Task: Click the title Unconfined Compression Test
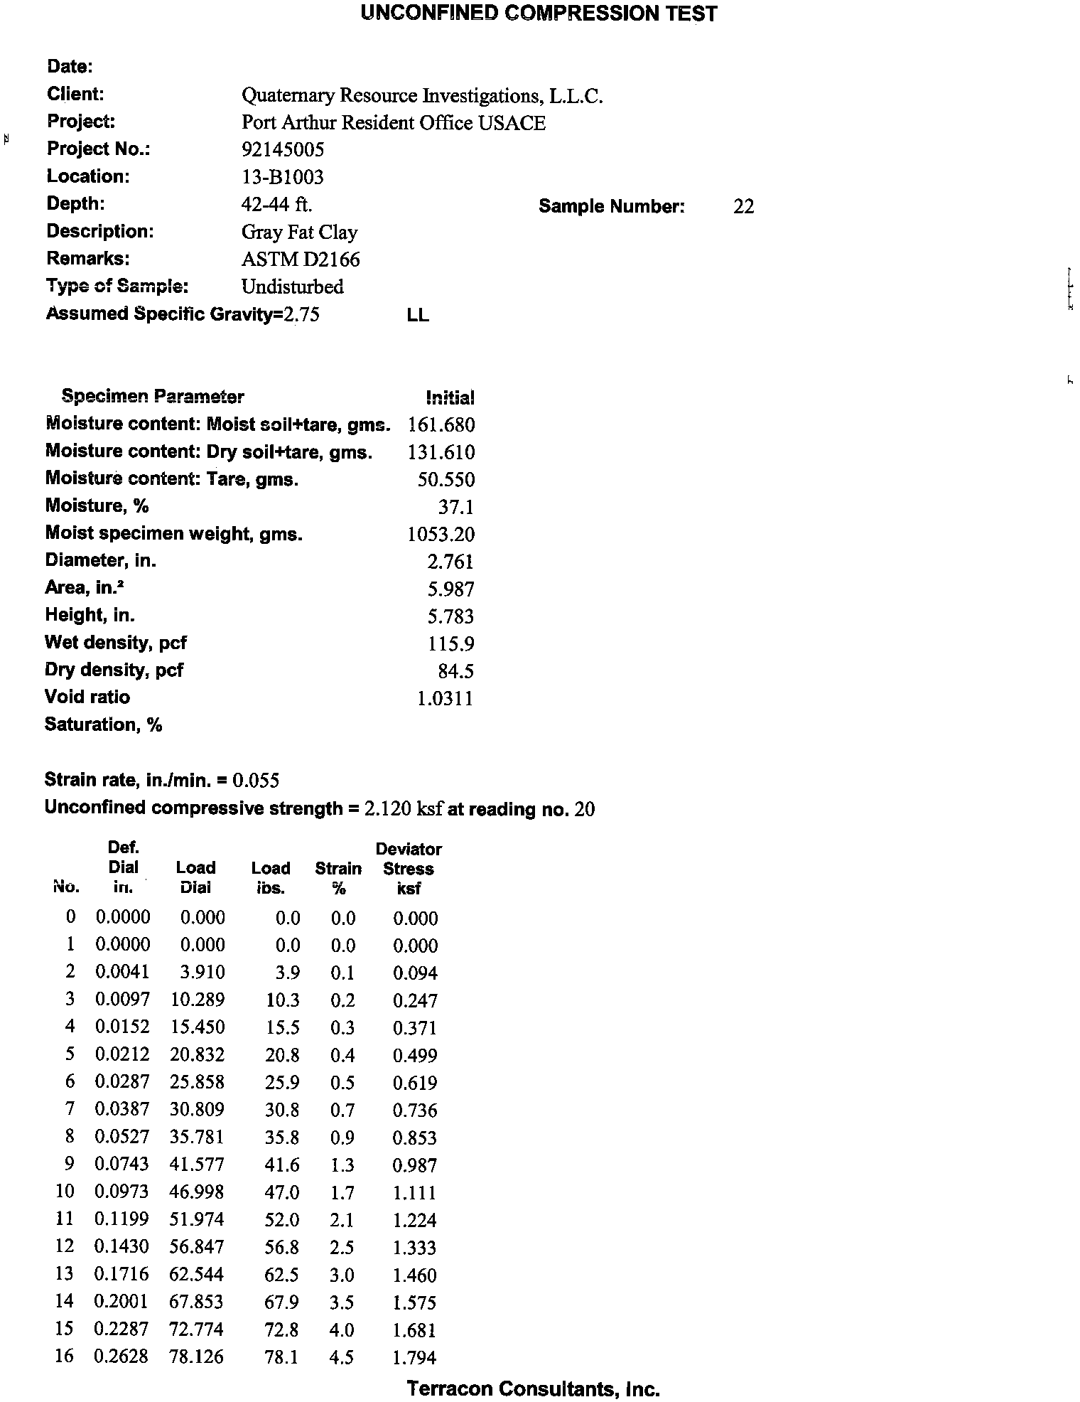pos(539,14)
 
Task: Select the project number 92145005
pos(283,149)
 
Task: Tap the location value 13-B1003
pos(282,177)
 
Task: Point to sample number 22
pos(743,207)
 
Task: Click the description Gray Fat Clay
pos(299,232)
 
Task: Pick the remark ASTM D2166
pos(301,259)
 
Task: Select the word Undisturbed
pos(292,287)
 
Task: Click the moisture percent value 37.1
pos(455,507)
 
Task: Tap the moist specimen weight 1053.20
pos(441,535)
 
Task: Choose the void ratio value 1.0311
pos(445,699)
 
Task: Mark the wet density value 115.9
pos(450,644)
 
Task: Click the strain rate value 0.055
pos(256,781)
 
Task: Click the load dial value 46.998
pos(197,1192)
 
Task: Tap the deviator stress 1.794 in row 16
pos(414,1357)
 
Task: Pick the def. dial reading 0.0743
pos(122,1165)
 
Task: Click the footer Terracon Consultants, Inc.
pos(533,1388)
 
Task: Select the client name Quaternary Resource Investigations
pos(422,96)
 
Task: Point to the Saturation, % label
pos(104,724)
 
